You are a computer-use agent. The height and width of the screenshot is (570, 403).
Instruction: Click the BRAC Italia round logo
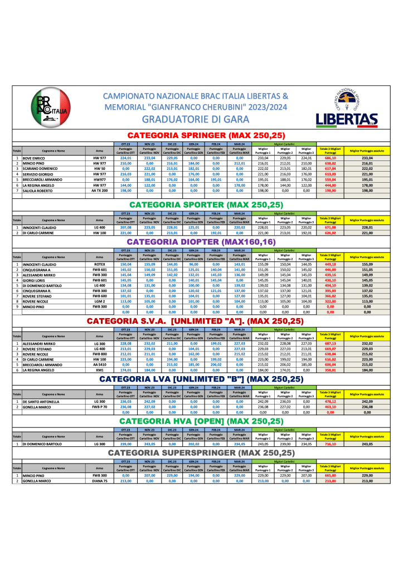50,108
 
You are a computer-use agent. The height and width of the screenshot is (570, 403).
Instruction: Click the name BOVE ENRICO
35,158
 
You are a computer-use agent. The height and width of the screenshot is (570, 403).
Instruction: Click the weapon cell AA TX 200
100,190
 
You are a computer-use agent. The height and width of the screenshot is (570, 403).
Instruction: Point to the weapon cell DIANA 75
100,481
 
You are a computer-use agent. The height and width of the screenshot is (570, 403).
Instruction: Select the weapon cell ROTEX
100,265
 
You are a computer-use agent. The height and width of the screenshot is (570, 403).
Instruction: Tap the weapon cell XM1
100,370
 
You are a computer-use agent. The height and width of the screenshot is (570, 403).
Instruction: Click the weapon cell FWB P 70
100,407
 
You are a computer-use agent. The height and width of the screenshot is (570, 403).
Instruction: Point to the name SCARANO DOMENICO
41,169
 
